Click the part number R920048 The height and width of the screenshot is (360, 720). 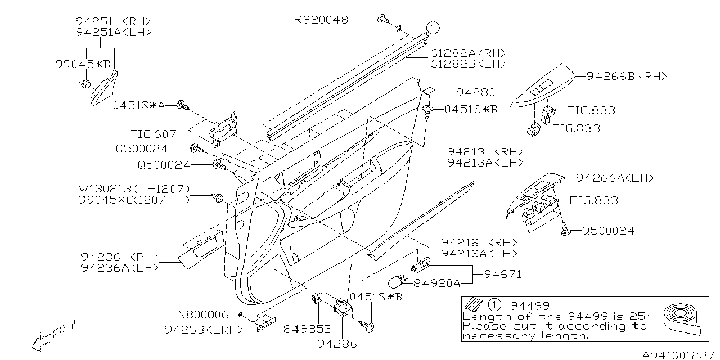click(x=321, y=20)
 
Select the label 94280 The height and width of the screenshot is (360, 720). click(x=475, y=92)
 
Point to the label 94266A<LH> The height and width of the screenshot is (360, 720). click(x=615, y=178)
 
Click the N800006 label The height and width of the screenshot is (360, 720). click(x=203, y=314)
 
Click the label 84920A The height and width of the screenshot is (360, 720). click(x=437, y=282)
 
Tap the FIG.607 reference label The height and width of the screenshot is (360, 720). click(x=152, y=134)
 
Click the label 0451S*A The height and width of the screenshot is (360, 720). click(x=139, y=105)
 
